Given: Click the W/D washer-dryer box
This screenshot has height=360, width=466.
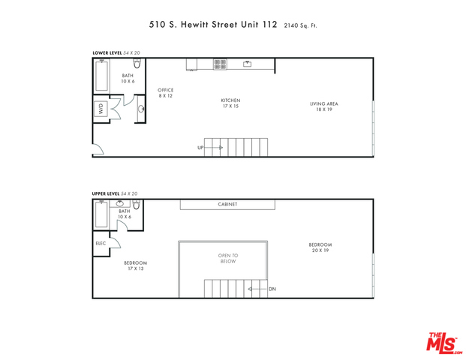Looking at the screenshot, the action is tap(101, 109).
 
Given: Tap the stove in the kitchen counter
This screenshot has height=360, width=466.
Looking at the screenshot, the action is tap(220, 64).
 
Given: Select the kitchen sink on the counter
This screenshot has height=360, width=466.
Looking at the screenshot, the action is tap(248, 64).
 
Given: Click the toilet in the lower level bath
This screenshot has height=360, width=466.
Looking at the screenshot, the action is tap(137, 63).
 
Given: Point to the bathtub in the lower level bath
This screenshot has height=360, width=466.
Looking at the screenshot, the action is tap(101, 75).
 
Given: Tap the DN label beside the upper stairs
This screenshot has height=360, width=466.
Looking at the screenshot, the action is tap(272, 289).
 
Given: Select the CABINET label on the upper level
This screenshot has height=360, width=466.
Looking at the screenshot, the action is tap(227, 204).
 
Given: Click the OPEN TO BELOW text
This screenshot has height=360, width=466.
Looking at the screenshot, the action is tap(228, 259).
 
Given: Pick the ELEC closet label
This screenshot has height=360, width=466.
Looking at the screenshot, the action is tap(101, 243).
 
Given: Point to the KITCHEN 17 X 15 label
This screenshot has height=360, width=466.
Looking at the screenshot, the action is tap(230, 103).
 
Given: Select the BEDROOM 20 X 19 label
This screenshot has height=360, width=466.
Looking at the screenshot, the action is tap(320, 247).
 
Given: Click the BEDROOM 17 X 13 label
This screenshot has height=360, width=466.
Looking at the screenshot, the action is tap(136, 265).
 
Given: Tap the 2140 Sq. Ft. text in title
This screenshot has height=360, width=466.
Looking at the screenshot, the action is tap(300, 25).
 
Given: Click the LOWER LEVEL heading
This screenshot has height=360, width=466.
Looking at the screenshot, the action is tap(107, 53).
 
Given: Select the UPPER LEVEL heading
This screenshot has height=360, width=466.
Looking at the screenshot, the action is tap(106, 193).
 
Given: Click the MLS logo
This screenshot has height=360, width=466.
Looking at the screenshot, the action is tap(443, 343).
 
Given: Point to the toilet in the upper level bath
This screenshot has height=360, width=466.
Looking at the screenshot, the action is tap(136, 204).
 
